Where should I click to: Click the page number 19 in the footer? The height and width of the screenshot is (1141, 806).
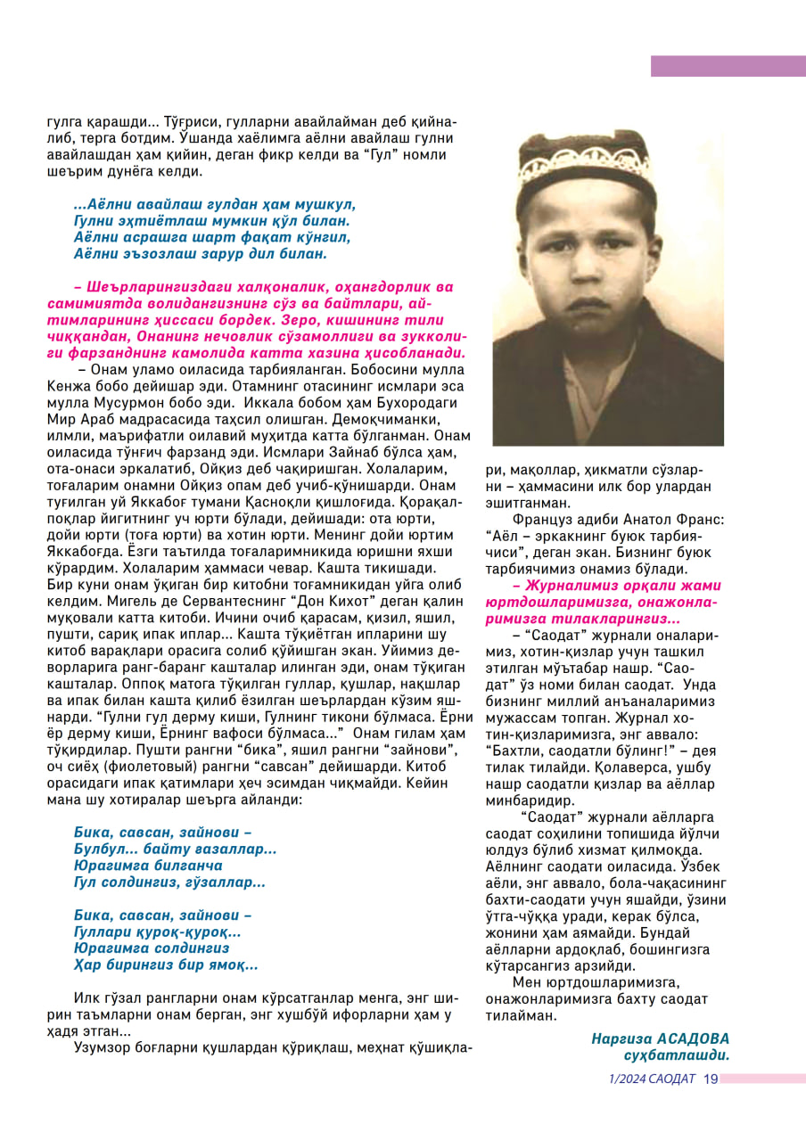[711, 1079]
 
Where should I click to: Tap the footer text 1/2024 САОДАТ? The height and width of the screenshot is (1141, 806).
[651, 1079]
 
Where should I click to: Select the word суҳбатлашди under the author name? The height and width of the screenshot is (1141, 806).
[677, 1055]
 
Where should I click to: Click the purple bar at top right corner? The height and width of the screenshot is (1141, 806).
[728, 66]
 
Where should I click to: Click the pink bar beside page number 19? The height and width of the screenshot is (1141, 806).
[761, 1079]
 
